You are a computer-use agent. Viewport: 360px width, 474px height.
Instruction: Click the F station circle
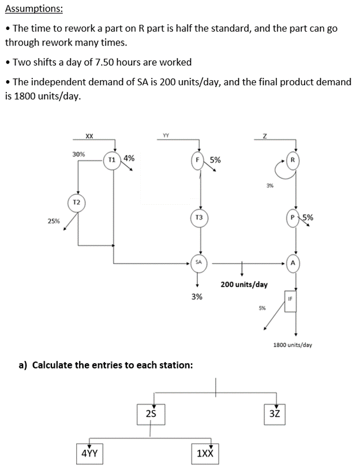[x=199, y=159]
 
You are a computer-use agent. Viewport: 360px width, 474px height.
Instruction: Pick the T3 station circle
[x=199, y=217]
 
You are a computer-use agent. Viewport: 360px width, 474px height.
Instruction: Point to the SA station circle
[x=198, y=262]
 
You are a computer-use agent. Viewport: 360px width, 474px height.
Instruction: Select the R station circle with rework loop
[x=292, y=160]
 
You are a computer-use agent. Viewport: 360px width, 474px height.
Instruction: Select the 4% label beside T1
[x=129, y=157]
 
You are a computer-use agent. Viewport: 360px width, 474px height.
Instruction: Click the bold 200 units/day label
[x=243, y=284]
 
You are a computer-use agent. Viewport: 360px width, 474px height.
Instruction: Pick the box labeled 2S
[x=151, y=413]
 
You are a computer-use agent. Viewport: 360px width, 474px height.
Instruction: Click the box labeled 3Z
[x=275, y=413]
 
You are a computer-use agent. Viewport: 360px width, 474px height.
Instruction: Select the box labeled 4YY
[x=89, y=453]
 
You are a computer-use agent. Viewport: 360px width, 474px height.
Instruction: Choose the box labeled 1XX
[x=205, y=453]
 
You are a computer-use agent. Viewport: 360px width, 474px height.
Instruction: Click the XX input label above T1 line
[x=89, y=136]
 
